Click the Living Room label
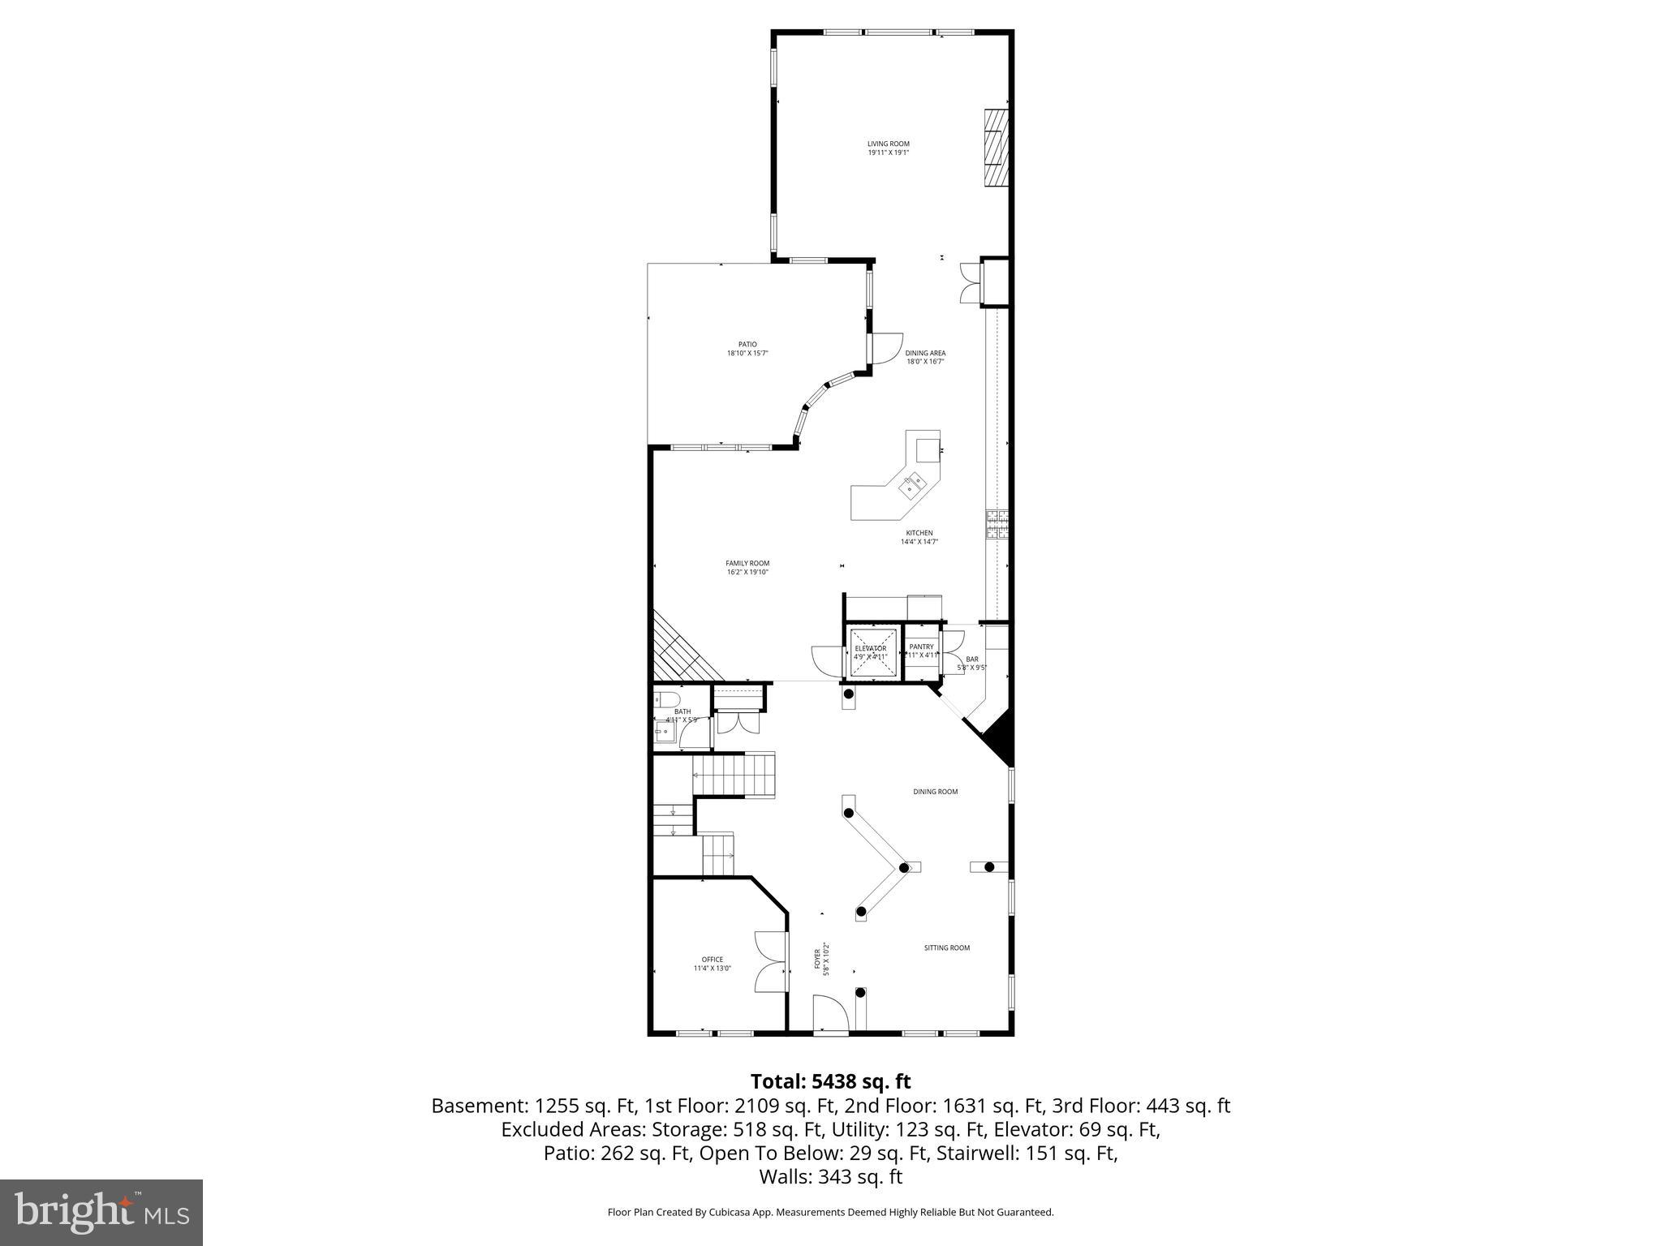889,148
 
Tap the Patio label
747,349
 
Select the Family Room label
747,567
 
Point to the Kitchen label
919,537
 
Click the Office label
713,964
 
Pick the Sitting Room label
947,947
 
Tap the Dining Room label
936,791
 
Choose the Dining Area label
926,357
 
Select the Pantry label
921,647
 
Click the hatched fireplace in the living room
996,148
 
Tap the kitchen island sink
914,486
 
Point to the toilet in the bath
669,700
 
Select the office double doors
771,962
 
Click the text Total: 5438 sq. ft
830,1081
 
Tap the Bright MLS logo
101,1212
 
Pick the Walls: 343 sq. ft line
830,1176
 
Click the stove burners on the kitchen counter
997,524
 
